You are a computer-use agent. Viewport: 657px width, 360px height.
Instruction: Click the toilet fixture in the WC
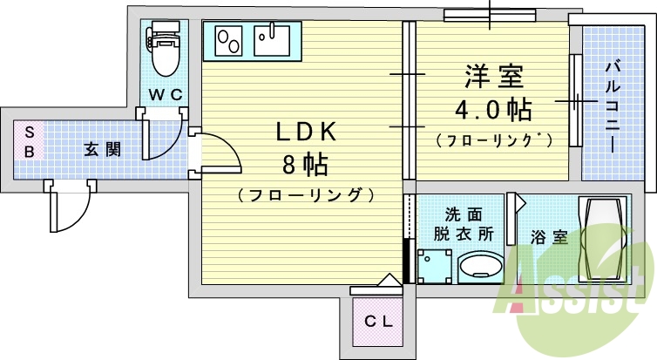click(x=163, y=51)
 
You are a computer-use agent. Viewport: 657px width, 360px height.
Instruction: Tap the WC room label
click(x=164, y=94)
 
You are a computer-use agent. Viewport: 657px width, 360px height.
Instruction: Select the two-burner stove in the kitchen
click(x=229, y=40)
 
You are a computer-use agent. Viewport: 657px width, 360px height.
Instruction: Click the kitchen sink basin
click(x=273, y=40)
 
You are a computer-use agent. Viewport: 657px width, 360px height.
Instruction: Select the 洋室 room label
click(x=493, y=78)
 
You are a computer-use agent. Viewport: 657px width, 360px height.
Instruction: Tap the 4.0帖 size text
click(x=492, y=110)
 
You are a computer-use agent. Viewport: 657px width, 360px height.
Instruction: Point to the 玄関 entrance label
click(x=102, y=148)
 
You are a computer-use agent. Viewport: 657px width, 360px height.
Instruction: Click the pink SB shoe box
click(x=29, y=141)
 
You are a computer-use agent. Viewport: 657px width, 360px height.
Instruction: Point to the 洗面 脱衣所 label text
click(x=463, y=223)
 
